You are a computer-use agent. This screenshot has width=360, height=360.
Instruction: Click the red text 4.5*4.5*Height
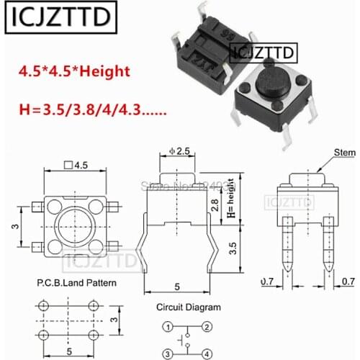click(82, 72)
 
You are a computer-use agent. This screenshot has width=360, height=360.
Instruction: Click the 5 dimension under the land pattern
click(68, 351)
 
